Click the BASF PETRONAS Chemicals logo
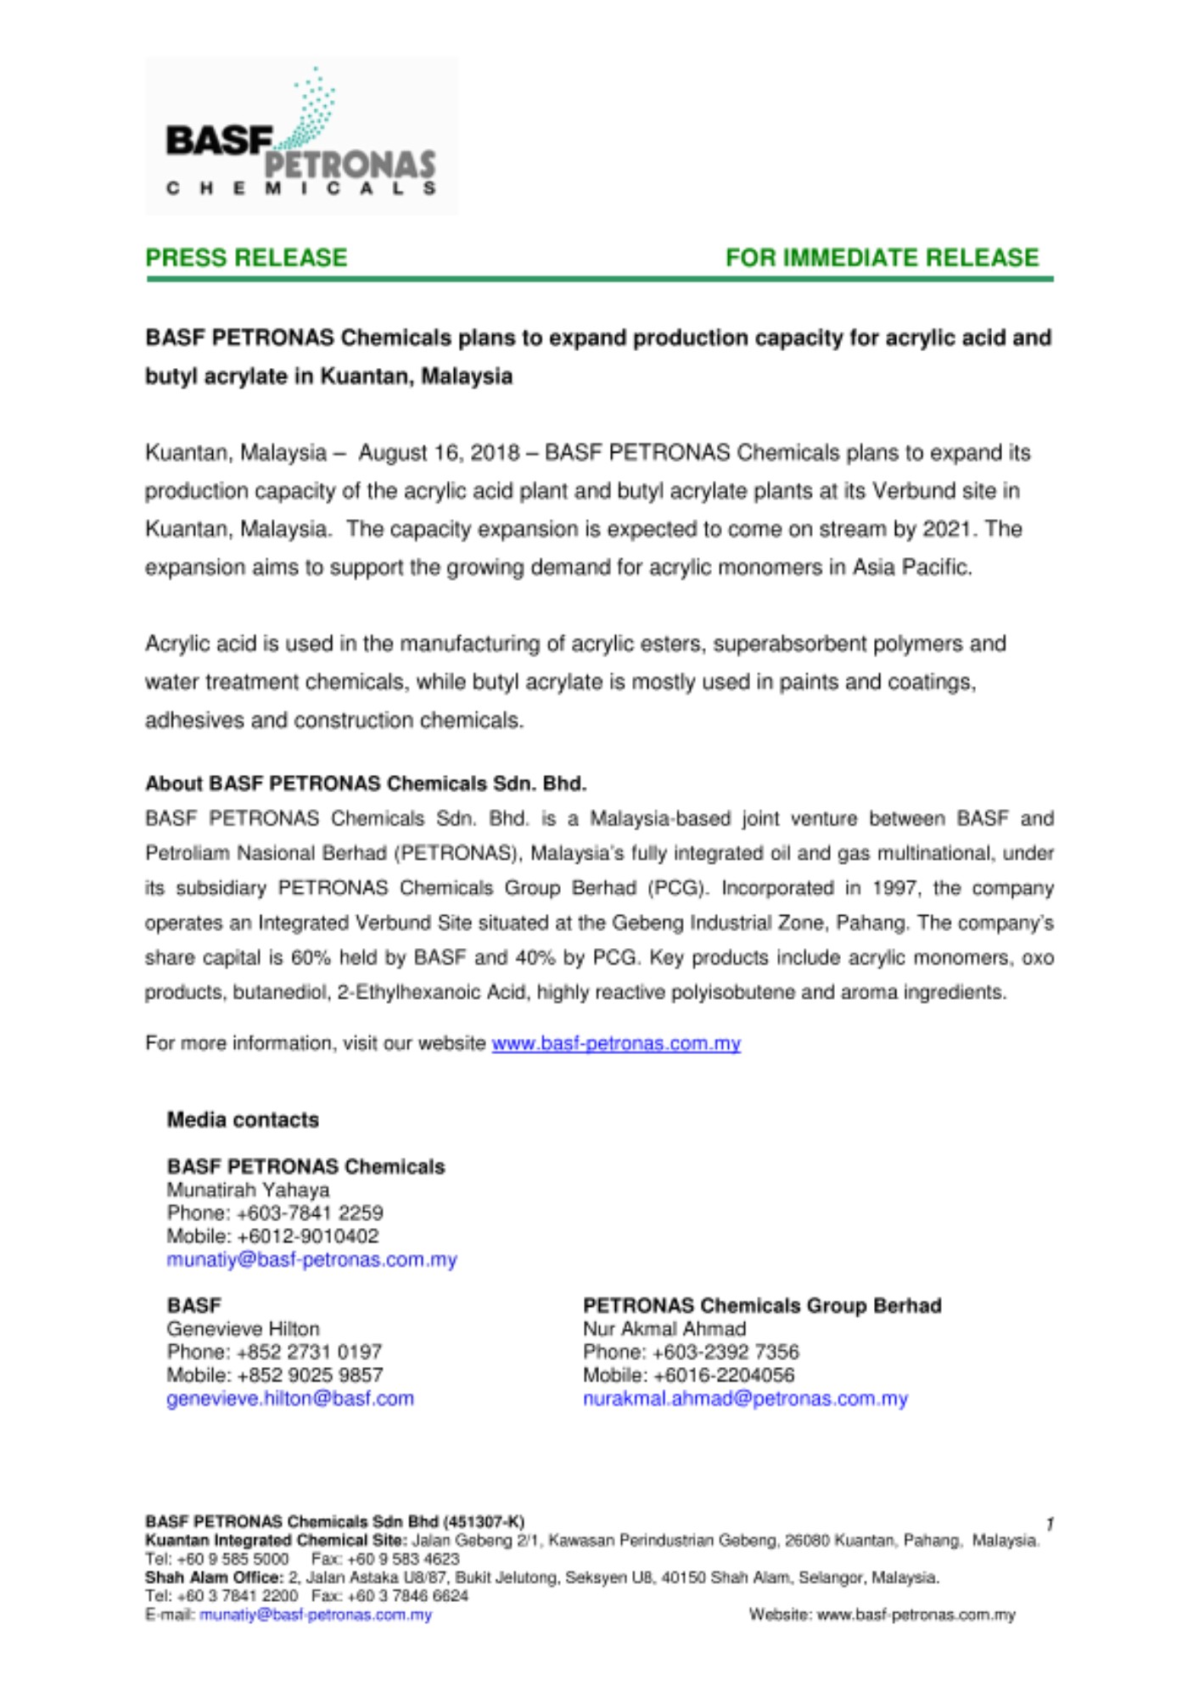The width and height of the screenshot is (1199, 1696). point(301,136)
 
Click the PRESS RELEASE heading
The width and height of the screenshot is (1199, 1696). point(246,258)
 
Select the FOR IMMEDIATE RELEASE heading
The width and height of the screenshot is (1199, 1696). point(882,258)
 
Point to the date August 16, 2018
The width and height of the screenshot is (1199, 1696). point(439,453)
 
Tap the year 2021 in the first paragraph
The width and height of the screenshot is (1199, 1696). point(946,529)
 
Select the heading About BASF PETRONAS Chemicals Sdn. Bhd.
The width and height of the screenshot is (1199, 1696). point(366,783)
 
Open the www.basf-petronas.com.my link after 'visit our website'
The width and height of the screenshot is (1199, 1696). point(616,1043)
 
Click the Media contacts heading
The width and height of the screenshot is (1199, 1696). point(243,1119)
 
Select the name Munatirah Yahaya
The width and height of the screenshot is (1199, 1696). point(248,1190)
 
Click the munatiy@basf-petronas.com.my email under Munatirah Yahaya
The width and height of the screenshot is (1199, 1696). point(311,1259)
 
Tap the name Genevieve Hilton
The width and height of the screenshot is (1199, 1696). point(243,1329)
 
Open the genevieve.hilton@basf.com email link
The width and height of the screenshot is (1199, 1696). point(290,1398)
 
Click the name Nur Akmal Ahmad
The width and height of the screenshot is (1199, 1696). point(664,1329)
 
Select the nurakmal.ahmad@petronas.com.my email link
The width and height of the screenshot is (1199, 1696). point(745,1398)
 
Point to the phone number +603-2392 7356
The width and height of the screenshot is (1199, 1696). point(726,1352)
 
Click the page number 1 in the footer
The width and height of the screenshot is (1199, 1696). point(1050,1524)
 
